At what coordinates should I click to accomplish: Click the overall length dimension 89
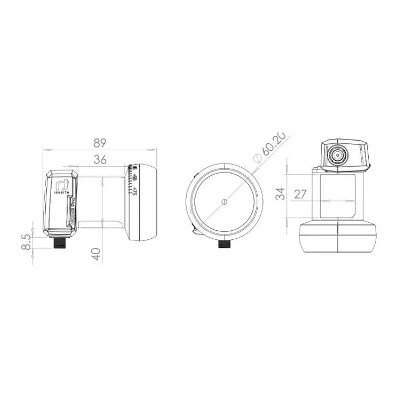(x=100, y=143)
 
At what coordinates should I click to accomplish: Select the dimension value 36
(x=100, y=161)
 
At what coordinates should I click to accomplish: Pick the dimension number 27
(x=300, y=194)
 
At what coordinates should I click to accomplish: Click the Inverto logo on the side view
(x=61, y=185)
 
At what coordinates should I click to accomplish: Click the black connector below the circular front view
(x=224, y=246)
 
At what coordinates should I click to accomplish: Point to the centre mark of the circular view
(x=224, y=201)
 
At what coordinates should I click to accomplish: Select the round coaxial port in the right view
(x=339, y=156)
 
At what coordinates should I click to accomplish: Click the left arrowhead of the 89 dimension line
(x=44, y=148)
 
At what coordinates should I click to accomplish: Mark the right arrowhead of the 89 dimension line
(x=155, y=148)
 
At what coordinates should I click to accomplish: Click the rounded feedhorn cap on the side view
(x=144, y=201)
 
